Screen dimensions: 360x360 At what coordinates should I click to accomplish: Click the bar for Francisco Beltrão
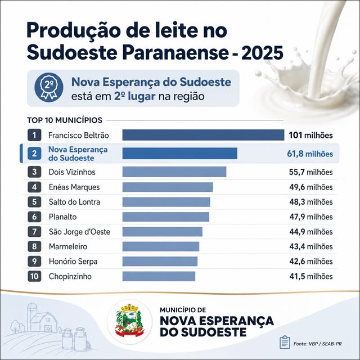click(203, 135)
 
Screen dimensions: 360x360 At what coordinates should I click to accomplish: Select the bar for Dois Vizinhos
click(174, 172)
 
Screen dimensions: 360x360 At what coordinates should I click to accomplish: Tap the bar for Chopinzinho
click(159, 276)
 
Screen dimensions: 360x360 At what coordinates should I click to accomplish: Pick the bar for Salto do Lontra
click(166, 202)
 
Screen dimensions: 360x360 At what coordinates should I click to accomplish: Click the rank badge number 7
click(34, 232)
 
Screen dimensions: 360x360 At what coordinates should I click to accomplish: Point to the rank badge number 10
click(34, 276)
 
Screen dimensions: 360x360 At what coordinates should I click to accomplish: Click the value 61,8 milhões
click(310, 154)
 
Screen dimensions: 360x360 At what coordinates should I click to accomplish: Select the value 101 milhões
click(310, 135)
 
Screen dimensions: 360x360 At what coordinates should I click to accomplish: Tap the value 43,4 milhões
click(311, 246)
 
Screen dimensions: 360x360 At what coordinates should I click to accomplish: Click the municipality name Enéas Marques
click(74, 187)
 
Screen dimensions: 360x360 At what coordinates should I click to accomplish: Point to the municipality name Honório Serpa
click(73, 262)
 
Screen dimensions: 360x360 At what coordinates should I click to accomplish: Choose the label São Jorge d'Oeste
click(79, 232)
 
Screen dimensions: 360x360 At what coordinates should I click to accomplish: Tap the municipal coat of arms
click(130, 321)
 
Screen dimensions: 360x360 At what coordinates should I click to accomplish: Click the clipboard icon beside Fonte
click(285, 342)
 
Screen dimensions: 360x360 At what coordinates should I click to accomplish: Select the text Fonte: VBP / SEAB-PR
click(317, 344)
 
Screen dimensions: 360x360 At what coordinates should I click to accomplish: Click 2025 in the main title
click(262, 53)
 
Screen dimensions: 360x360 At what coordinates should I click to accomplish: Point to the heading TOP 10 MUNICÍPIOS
click(65, 120)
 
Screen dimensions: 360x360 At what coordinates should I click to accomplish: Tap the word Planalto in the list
click(62, 217)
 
